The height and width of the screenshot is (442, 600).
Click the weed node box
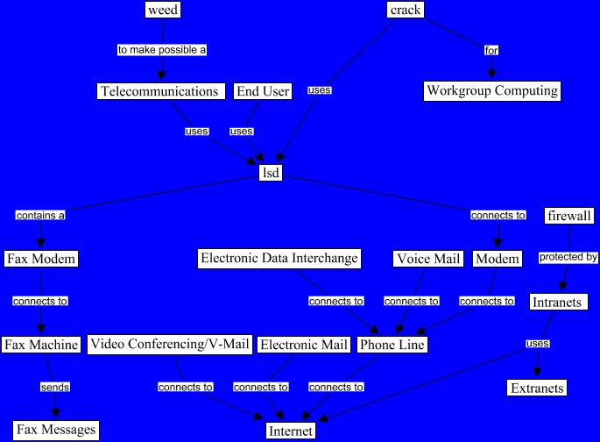pyautogui.click(x=162, y=10)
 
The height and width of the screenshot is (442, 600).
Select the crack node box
pyautogui.click(x=406, y=10)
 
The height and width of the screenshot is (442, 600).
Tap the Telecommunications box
pyautogui.click(x=159, y=91)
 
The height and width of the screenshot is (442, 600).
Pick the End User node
pyautogui.click(x=263, y=91)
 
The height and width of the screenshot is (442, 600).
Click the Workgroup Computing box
pyautogui.click(x=491, y=90)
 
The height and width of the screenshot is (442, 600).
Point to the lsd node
pyautogui.click(x=271, y=173)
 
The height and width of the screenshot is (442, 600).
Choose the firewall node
pyautogui.click(x=569, y=215)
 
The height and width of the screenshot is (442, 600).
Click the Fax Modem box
pyautogui.click(x=41, y=259)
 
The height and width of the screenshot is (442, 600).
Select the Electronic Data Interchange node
pyautogui.click(x=279, y=258)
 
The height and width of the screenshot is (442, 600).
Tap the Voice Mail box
pyautogui.click(x=427, y=259)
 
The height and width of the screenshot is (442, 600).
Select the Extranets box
pyautogui.click(x=537, y=388)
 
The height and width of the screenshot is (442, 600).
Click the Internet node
pyautogui.click(x=291, y=431)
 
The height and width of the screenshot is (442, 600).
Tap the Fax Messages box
pyautogui.click(x=49, y=430)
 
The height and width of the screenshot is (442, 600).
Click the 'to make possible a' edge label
pyautogui.click(x=162, y=50)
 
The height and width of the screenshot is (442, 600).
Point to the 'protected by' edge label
pyautogui.click(x=568, y=258)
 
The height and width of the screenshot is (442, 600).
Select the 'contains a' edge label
pyautogui.click(x=40, y=215)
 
